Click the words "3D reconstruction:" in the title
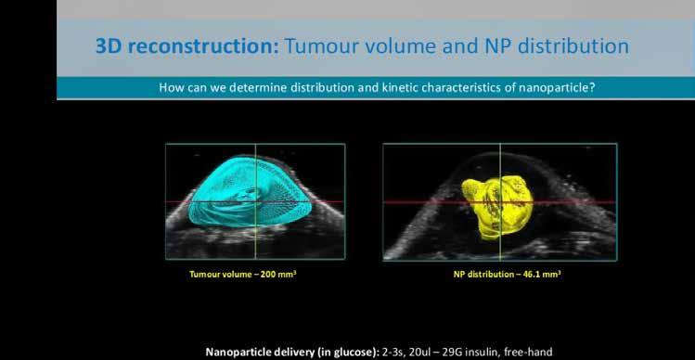(187, 46)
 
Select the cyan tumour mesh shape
(250, 191)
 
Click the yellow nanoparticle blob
(496, 207)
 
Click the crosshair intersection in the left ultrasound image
(256, 201)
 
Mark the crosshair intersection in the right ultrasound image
(500, 202)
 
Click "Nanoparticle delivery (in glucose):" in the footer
(290, 353)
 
